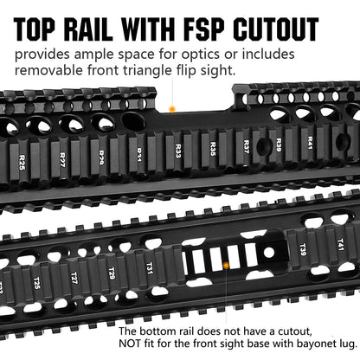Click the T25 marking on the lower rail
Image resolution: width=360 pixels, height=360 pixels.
(x=36, y=283)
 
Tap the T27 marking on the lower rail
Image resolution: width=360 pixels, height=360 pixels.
(x=74, y=280)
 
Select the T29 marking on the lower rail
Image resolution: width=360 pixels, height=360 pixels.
(x=112, y=275)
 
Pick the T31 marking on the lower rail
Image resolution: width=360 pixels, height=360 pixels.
(x=149, y=270)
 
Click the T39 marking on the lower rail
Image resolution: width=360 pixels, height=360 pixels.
(x=302, y=251)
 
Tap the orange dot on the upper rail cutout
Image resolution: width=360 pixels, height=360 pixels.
(x=171, y=109)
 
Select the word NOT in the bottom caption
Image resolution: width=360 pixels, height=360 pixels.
(x=132, y=344)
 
